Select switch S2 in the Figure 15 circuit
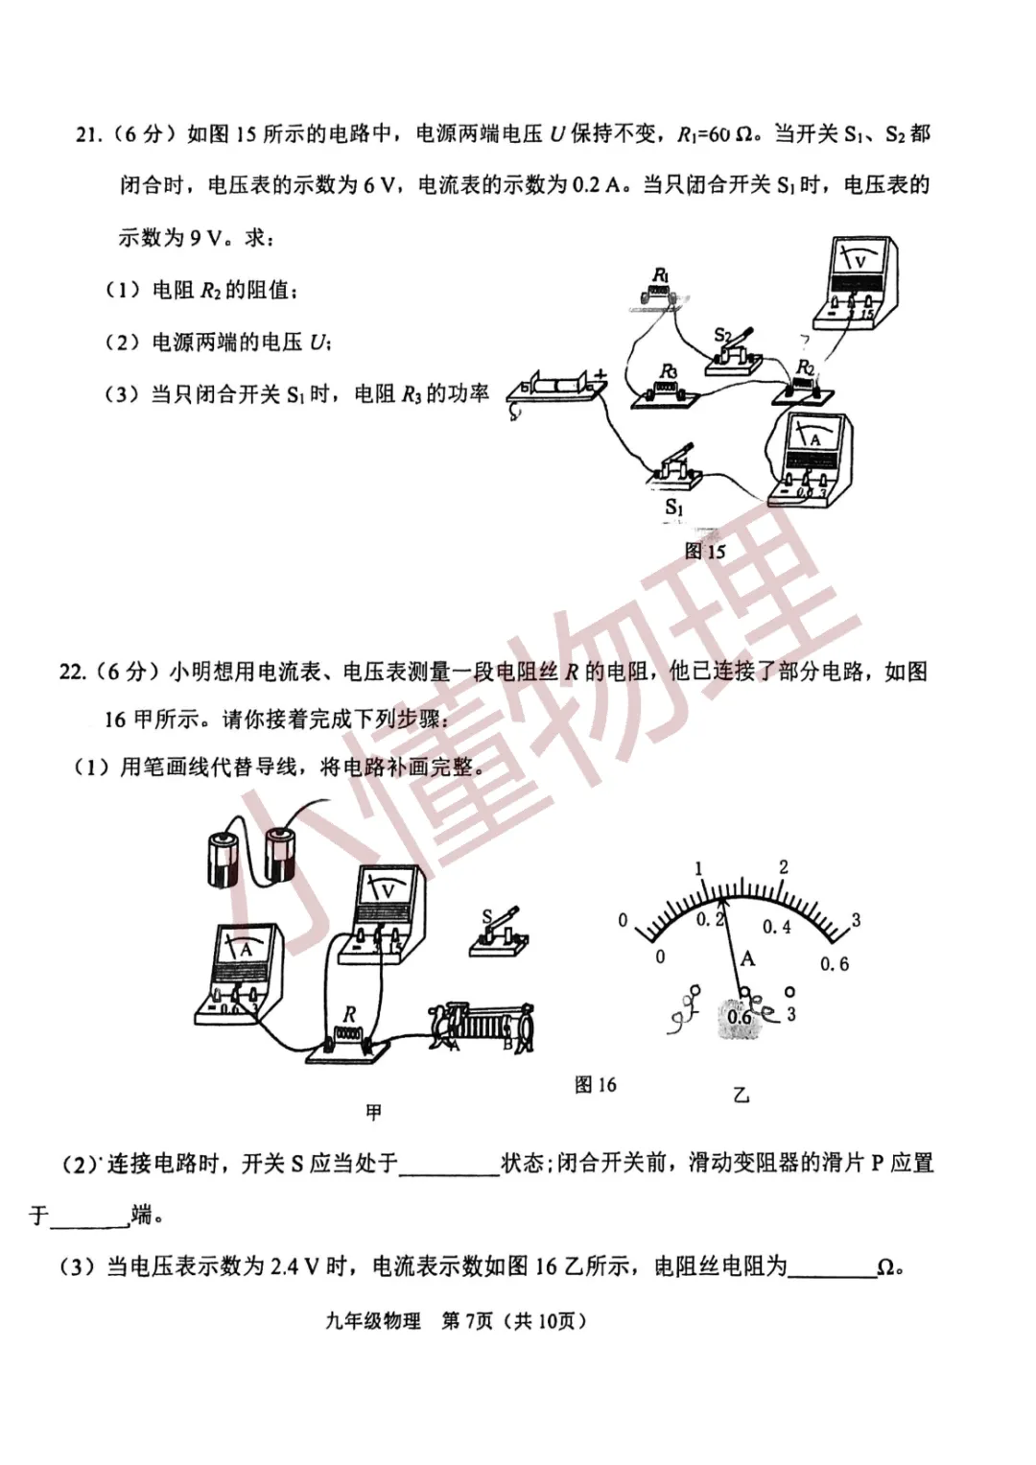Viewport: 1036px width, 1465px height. click(x=734, y=355)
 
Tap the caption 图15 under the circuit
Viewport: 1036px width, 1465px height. click(x=705, y=552)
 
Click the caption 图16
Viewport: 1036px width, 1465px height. click(x=596, y=1085)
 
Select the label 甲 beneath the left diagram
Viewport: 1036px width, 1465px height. click(x=374, y=1112)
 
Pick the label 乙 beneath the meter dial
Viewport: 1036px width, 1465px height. click(x=741, y=1094)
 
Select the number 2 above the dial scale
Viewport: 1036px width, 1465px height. click(x=784, y=867)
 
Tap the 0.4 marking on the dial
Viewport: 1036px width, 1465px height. click(x=777, y=927)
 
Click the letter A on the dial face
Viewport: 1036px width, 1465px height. click(x=747, y=957)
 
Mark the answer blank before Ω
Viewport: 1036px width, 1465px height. click(x=831, y=1267)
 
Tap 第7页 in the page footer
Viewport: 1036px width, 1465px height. click(x=466, y=1321)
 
